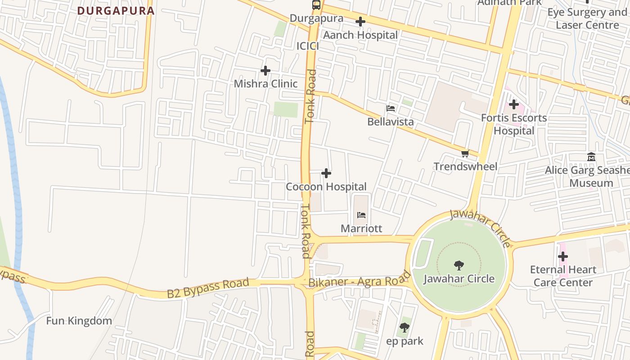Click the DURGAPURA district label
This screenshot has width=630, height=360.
click(x=116, y=10)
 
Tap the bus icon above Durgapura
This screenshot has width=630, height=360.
click(x=316, y=5)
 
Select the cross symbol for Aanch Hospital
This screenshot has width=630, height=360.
click(x=360, y=22)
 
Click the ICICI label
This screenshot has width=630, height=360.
click(x=308, y=46)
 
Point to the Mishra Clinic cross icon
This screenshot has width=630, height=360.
click(x=265, y=71)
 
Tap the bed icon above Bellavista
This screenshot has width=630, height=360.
click(x=391, y=108)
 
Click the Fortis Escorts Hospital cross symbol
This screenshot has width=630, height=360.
click(x=514, y=105)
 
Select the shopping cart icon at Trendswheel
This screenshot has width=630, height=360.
click(x=465, y=153)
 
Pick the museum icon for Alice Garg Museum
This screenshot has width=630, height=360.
click(x=591, y=157)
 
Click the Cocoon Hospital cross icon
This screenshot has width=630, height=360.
click(x=326, y=173)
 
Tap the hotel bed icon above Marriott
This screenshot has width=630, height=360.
click(x=361, y=215)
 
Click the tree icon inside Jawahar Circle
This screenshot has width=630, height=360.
click(x=459, y=265)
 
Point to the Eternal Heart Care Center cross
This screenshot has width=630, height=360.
click(x=563, y=257)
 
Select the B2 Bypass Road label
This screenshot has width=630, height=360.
click(x=208, y=288)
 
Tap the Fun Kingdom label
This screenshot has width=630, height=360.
click(x=79, y=321)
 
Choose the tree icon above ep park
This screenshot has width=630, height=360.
click(x=405, y=328)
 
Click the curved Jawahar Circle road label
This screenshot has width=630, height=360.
click(x=481, y=228)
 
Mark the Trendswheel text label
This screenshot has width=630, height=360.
click(x=465, y=166)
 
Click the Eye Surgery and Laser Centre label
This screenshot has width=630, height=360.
click(x=587, y=18)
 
